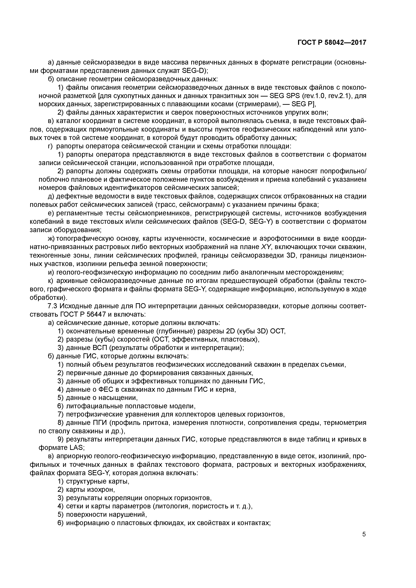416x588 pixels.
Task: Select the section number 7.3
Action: (x=53, y=306)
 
